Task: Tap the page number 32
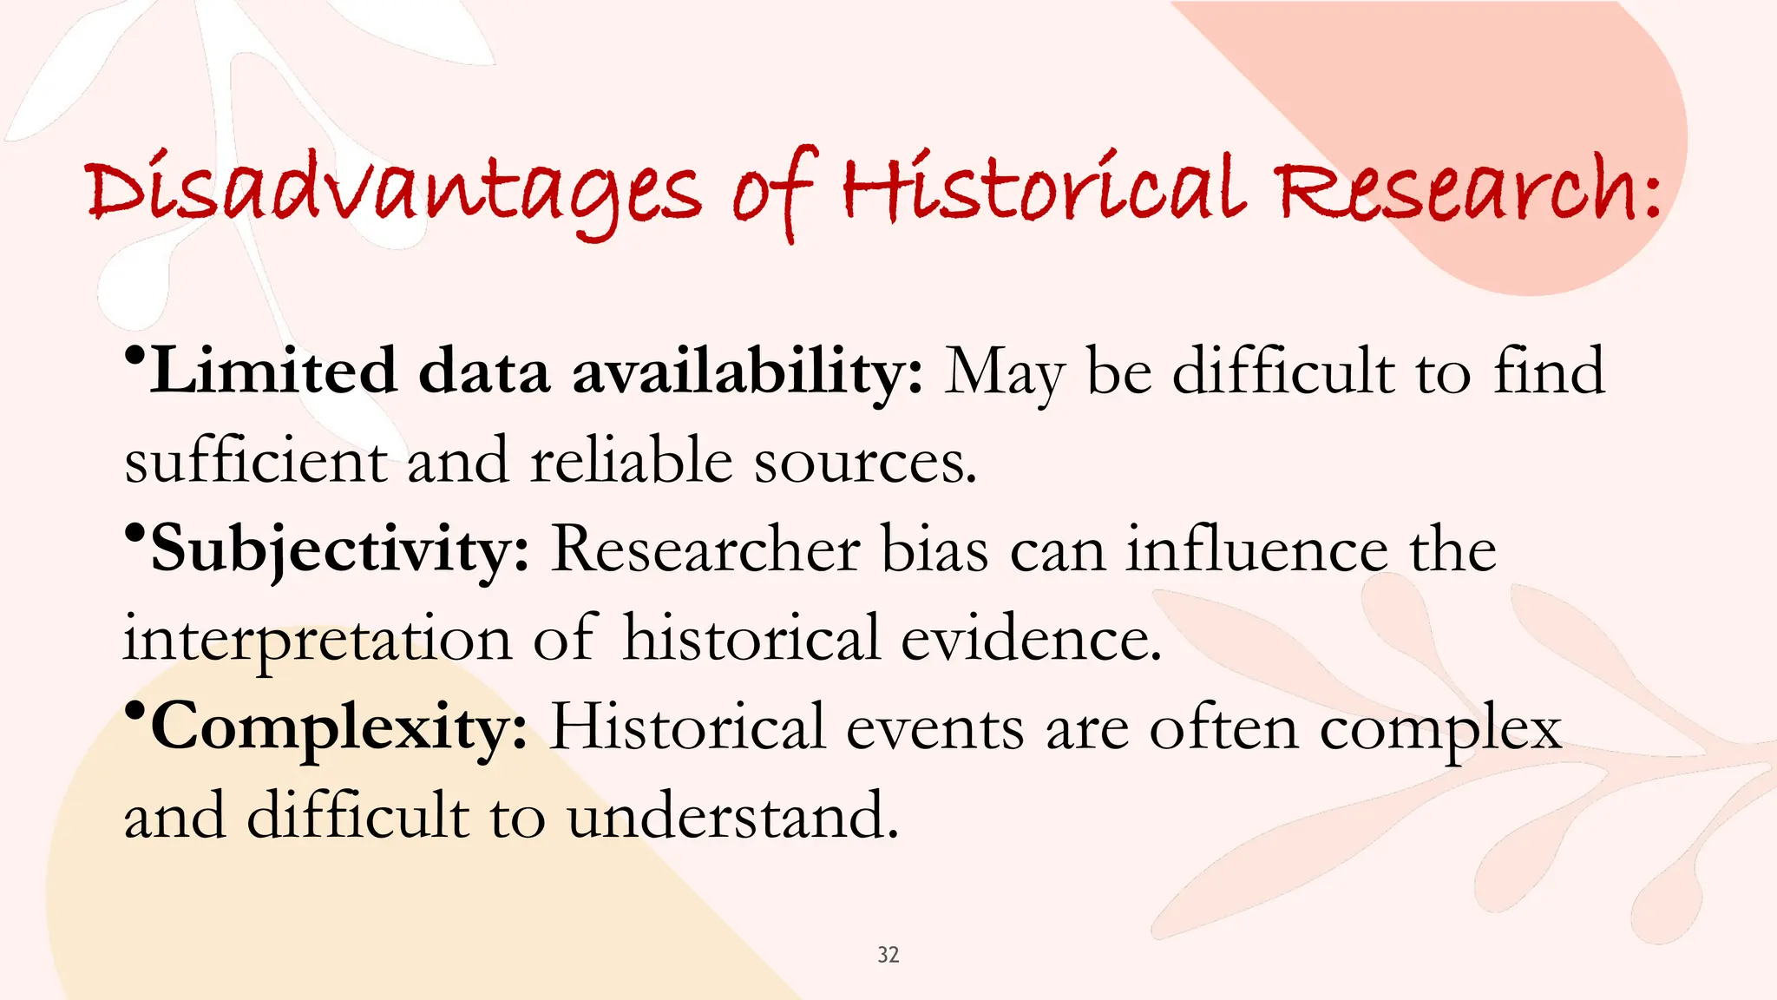888,955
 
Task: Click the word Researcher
705,549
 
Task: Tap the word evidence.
1031,639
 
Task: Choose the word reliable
632,460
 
